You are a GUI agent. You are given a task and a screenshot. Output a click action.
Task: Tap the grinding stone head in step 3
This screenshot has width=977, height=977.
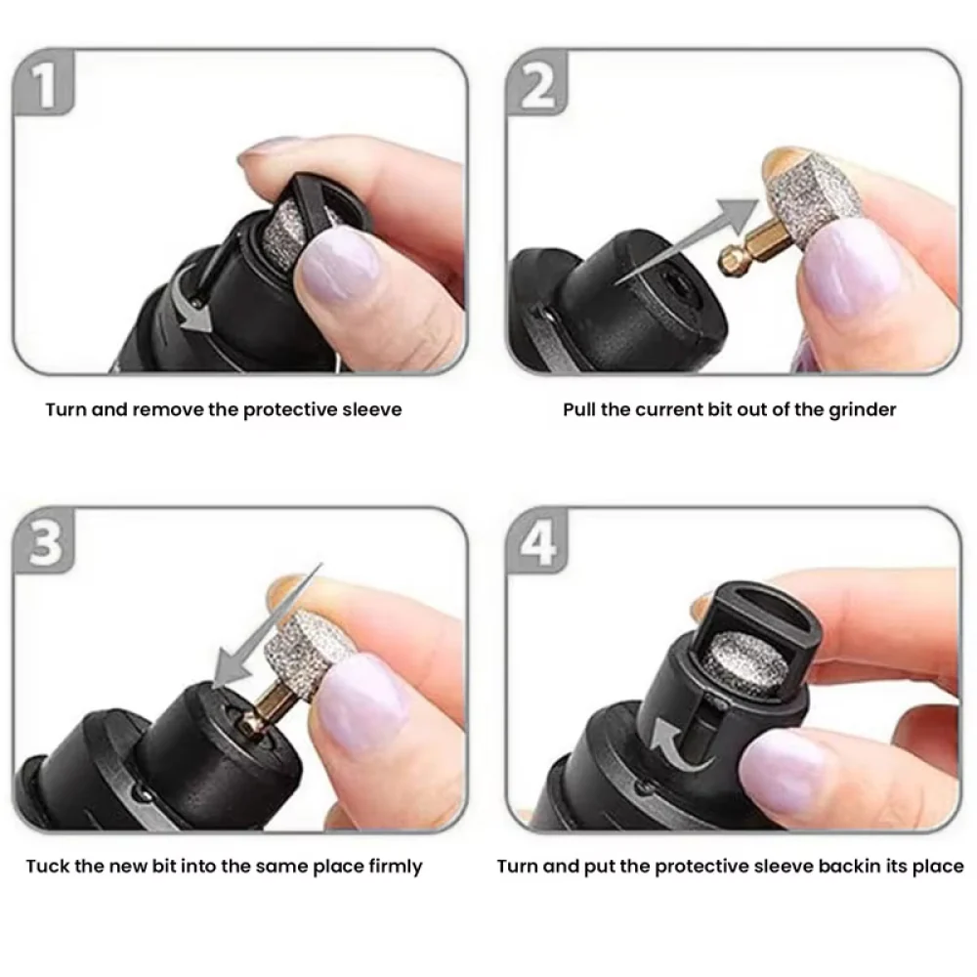point(298,640)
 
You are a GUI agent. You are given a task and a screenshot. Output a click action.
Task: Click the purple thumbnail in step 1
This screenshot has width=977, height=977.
point(337,270)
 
